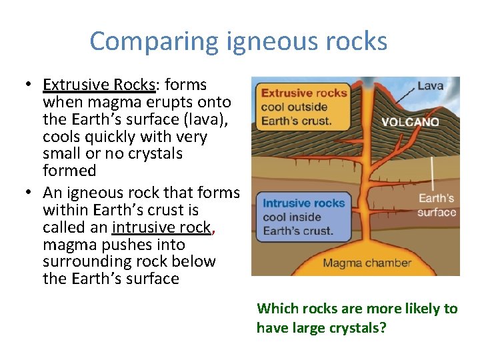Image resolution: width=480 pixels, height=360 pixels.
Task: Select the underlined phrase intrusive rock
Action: point(161,227)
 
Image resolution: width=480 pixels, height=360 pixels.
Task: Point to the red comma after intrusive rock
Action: point(213,231)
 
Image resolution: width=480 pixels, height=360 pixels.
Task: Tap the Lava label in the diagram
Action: point(430,86)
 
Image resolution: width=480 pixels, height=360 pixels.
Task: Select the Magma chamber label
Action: point(367,263)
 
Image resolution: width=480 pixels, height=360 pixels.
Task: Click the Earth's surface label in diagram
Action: point(437,205)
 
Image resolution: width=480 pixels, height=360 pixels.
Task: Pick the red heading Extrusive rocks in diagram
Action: point(304,93)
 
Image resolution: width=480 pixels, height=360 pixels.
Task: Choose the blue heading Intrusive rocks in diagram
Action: point(303,203)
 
